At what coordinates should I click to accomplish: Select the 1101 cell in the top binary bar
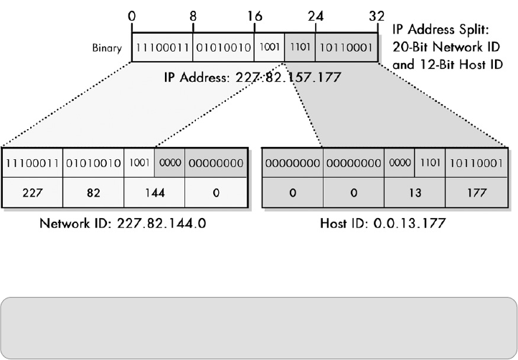point(300,48)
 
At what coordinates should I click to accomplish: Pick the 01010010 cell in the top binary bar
point(223,48)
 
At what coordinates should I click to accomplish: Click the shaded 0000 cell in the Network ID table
point(170,164)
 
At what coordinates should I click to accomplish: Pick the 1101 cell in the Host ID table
point(430,164)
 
